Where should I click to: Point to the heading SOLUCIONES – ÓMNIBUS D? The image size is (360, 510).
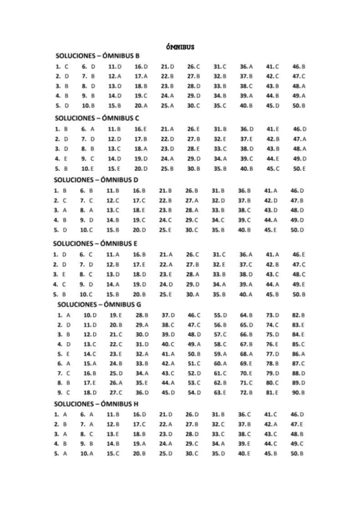point(96,179)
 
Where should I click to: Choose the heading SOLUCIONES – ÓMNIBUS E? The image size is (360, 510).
point(96,244)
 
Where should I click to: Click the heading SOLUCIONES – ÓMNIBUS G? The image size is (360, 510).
point(99,304)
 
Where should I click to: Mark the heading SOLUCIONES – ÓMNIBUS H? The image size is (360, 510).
point(96,402)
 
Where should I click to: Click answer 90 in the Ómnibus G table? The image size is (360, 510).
point(299,392)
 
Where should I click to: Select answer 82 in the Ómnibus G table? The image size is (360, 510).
point(299,315)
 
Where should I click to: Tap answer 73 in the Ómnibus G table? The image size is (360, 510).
point(273,315)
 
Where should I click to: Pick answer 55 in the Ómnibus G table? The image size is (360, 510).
point(220,315)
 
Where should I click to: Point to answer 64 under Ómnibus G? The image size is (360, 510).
point(246,315)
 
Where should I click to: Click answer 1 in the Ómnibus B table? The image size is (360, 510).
point(62,66)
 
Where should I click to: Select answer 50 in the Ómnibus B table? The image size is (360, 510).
point(299,105)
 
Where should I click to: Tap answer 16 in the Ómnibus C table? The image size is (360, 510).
point(141,129)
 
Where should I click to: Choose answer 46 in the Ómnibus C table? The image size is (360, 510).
point(299,129)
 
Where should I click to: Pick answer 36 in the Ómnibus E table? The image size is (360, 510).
point(246,254)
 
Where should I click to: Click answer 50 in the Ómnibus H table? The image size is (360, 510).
point(299,453)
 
